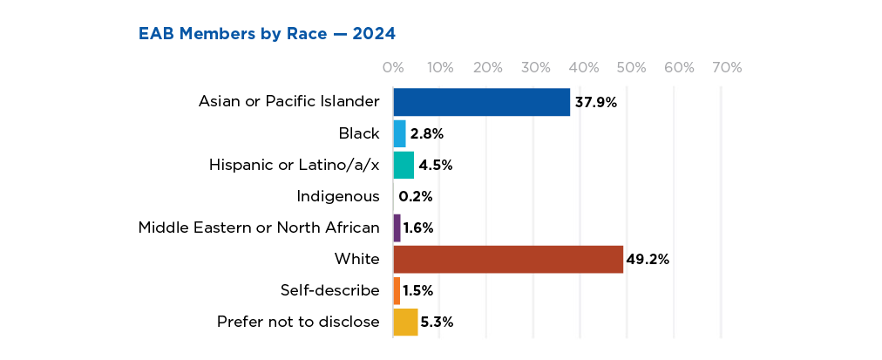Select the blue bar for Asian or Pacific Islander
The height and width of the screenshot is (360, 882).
tap(481, 101)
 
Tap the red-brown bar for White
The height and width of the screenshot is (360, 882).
tap(508, 259)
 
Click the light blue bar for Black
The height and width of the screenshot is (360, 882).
tap(400, 133)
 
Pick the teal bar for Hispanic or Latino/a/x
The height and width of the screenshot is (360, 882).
tap(404, 165)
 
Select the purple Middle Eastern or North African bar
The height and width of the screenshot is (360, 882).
tap(397, 228)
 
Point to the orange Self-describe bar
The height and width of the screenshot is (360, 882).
tap(397, 290)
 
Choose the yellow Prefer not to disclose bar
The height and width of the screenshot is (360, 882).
tap(405, 322)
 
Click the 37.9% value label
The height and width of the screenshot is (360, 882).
tap(595, 102)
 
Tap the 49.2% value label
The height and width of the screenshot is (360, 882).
tap(648, 259)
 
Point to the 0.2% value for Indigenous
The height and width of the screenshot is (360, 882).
tap(416, 196)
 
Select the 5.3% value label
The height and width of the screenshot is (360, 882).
tap(437, 322)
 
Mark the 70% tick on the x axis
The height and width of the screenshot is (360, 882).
tap(726, 67)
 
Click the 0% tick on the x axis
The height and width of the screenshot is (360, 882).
tap(393, 67)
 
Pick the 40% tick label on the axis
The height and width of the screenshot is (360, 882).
tap(583, 67)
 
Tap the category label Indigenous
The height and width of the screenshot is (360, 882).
tap(338, 196)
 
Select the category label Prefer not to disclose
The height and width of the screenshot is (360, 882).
tap(298, 322)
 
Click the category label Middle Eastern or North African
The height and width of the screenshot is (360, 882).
tap(259, 228)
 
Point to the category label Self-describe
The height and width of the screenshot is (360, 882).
tap(330, 290)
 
